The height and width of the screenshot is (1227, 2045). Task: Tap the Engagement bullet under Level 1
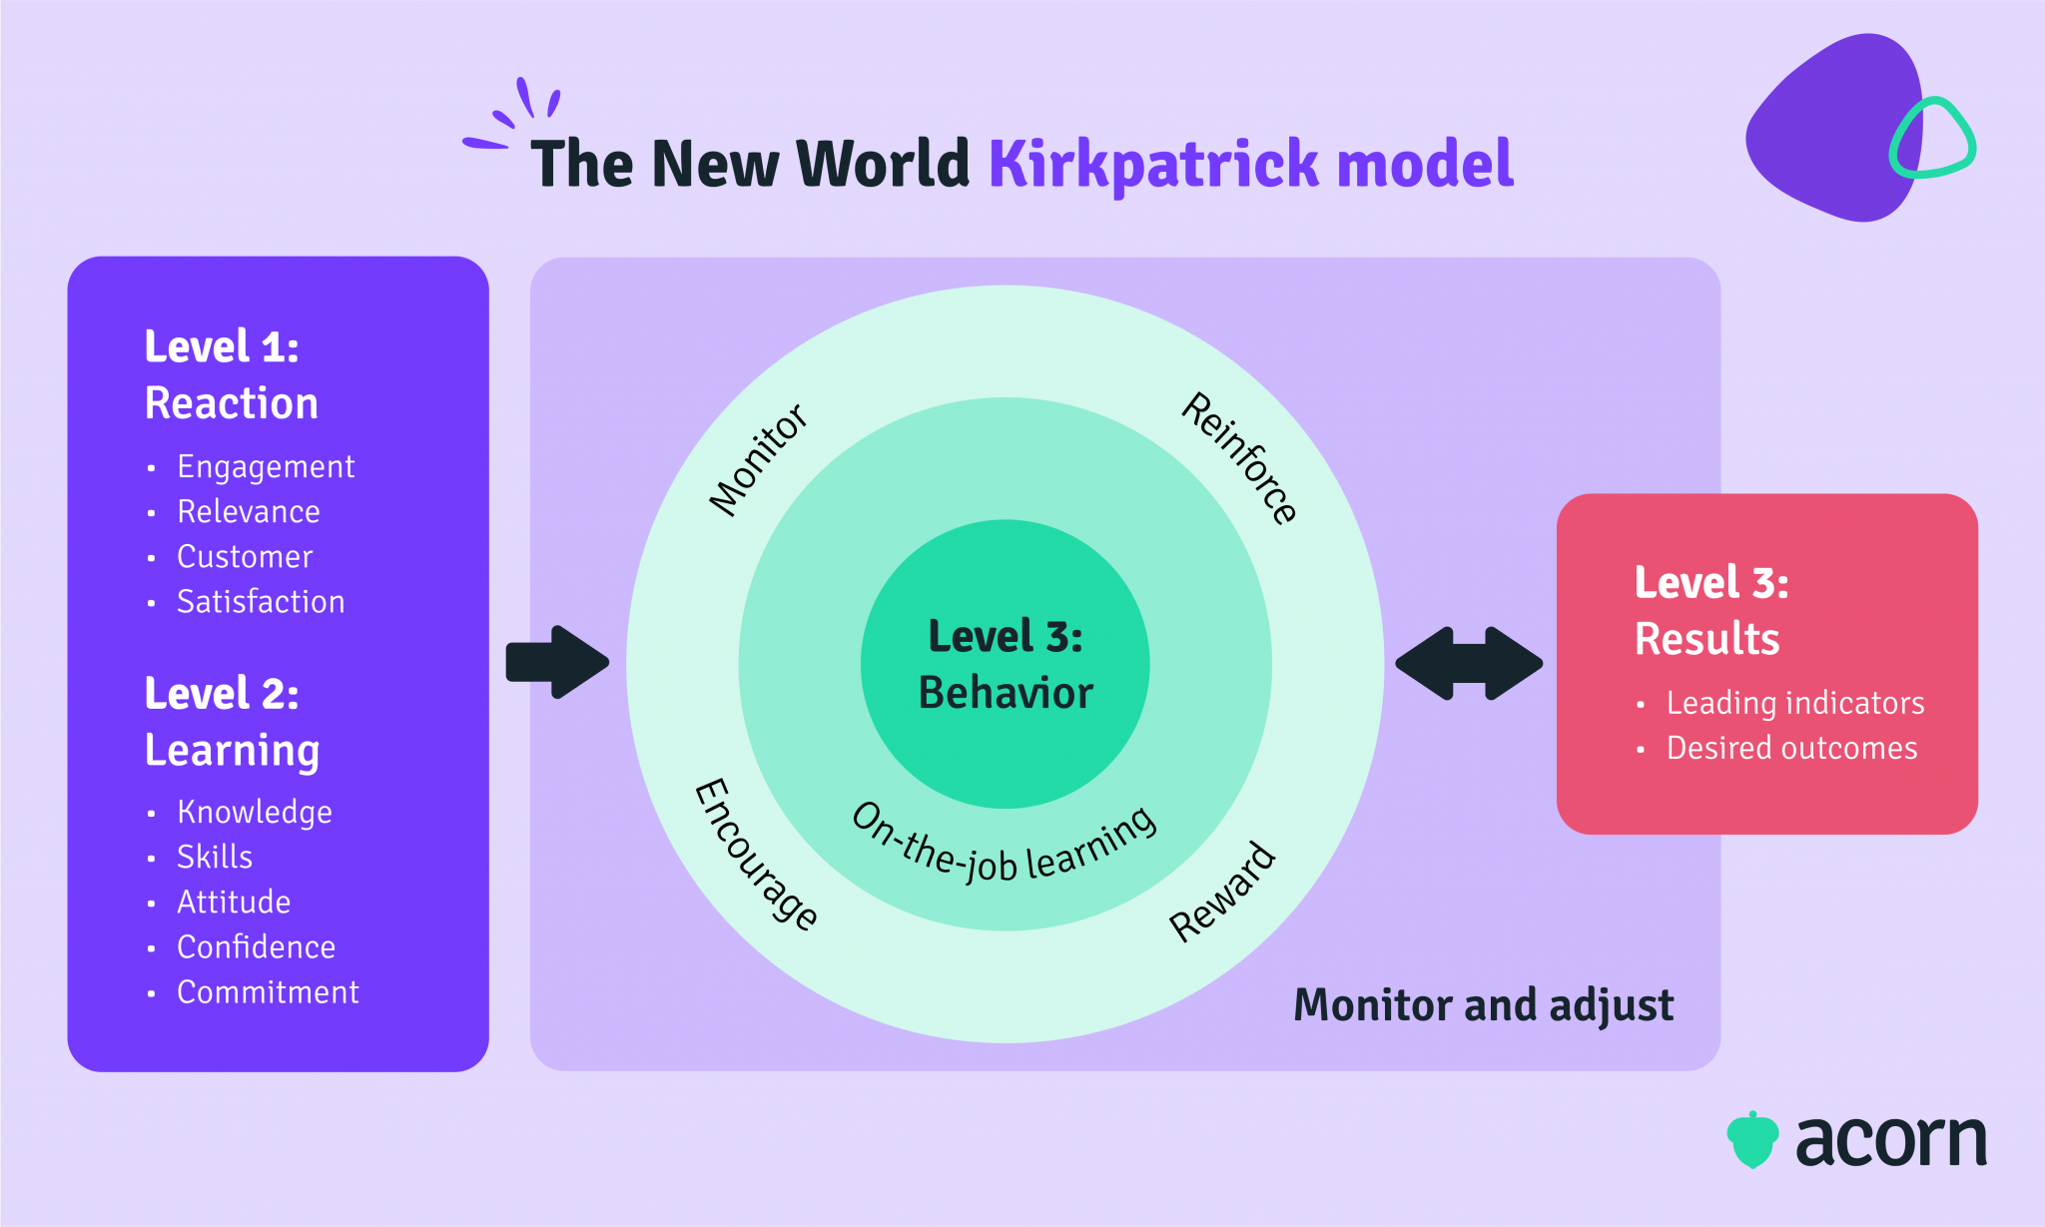click(x=266, y=467)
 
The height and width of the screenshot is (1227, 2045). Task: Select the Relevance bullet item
click(x=249, y=512)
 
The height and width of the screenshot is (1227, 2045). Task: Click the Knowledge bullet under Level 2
click(x=255, y=813)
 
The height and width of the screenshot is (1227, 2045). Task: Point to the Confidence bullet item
click(x=257, y=947)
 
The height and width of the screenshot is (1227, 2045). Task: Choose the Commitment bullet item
click(x=268, y=992)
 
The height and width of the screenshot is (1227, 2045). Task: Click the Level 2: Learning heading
click(x=232, y=722)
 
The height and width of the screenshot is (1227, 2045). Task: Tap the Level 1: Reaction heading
click(x=231, y=375)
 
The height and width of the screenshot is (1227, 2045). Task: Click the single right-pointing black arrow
click(x=557, y=662)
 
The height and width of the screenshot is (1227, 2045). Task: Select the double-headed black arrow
click(x=1469, y=663)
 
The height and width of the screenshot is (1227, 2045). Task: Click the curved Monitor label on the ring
click(x=758, y=459)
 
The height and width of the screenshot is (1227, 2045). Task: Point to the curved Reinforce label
click(x=1239, y=458)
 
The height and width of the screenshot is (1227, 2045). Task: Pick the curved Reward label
click(x=1223, y=892)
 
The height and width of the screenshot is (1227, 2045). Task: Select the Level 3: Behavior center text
click(x=1006, y=665)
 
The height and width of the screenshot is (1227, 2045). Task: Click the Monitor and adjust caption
click(x=1483, y=1005)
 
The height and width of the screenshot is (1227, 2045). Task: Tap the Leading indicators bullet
click(x=1795, y=704)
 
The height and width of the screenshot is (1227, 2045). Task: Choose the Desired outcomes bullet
click(x=1791, y=749)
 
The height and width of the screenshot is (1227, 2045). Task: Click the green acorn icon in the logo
click(x=1752, y=1140)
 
